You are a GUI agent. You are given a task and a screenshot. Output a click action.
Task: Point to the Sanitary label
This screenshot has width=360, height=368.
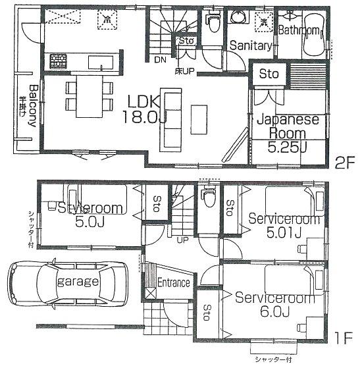(x=251, y=46)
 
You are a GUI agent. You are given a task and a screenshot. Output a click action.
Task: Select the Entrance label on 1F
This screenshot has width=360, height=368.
(x=174, y=282)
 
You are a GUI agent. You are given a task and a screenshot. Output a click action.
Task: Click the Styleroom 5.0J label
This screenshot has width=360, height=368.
(x=90, y=215)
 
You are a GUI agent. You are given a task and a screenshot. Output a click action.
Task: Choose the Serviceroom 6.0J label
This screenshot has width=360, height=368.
(x=275, y=304)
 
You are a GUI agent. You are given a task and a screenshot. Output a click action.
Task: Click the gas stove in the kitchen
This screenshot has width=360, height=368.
(x=58, y=61)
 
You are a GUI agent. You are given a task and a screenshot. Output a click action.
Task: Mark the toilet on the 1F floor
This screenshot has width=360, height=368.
(x=209, y=196)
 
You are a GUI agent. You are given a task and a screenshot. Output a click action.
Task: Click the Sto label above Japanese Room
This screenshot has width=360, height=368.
(x=267, y=74)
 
